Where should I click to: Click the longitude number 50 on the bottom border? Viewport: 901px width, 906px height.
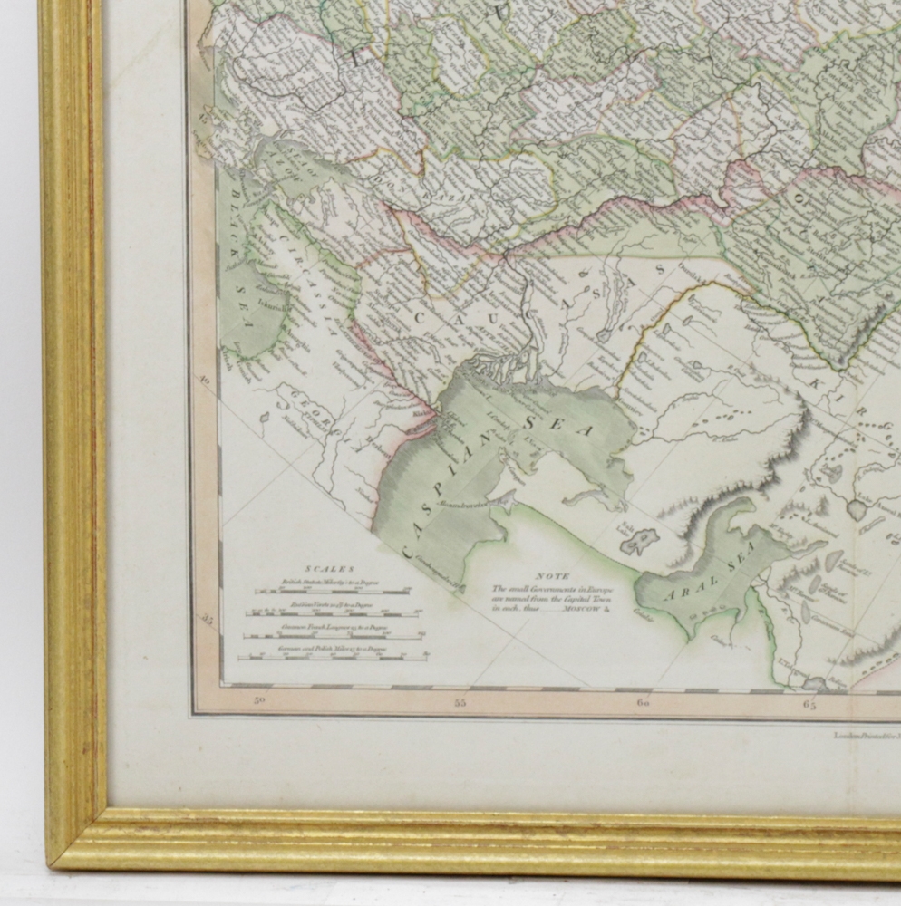pyautogui.click(x=260, y=699)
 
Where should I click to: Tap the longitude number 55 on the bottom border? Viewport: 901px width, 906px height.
pyautogui.click(x=460, y=702)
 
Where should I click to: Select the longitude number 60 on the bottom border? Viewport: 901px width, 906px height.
pyautogui.click(x=643, y=703)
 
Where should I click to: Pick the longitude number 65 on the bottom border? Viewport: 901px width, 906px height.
pyautogui.click(x=809, y=703)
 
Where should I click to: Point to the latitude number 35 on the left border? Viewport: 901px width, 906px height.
pyautogui.click(x=208, y=621)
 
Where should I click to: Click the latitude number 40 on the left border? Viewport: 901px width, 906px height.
pyautogui.click(x=204, y=381)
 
